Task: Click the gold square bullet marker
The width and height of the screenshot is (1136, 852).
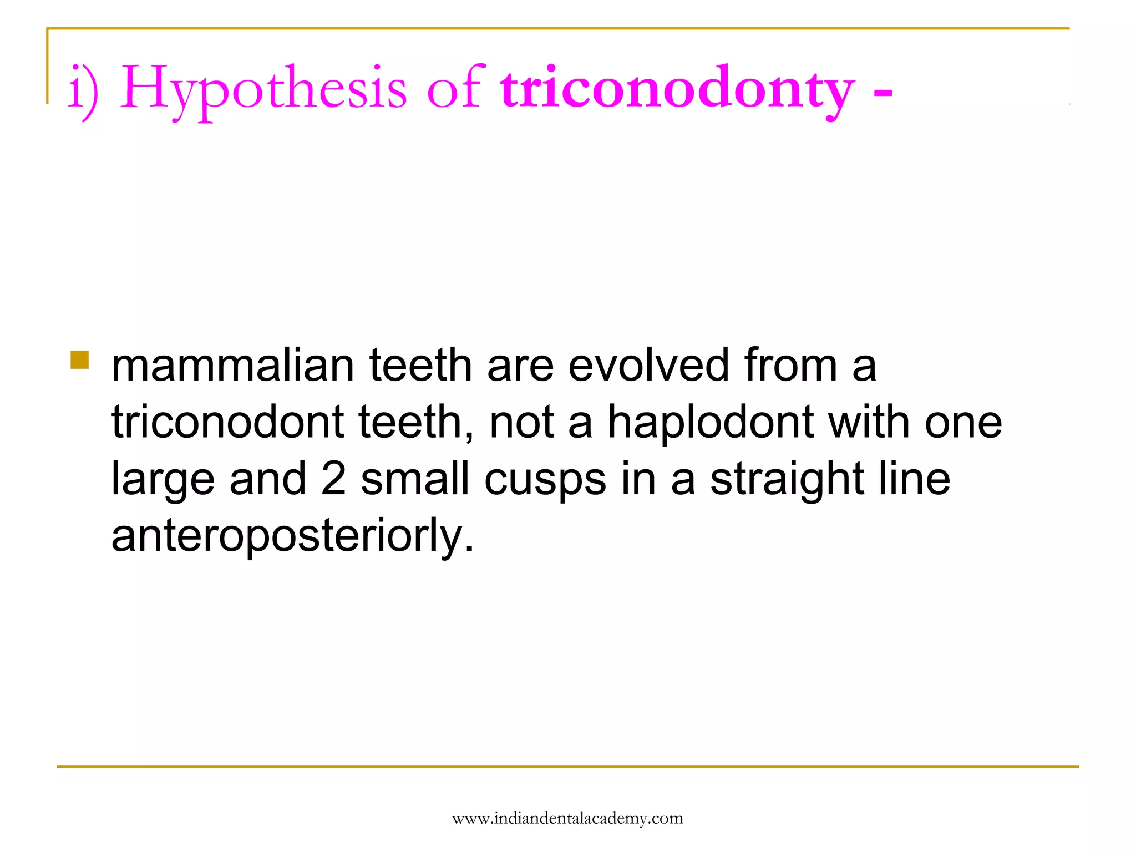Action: point(80,360)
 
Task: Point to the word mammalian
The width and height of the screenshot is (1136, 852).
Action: point(232,366)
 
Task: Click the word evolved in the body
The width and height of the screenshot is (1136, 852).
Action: point(648,366)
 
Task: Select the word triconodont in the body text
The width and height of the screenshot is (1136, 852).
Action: point(228,423)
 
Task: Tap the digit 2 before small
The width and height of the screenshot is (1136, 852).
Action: point(333,479)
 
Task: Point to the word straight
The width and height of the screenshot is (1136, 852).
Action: point(787,479)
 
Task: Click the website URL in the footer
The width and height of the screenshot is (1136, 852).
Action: point(567,819)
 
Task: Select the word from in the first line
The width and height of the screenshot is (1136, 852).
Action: point(790,366)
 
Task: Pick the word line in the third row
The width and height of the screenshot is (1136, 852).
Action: point(915,479)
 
